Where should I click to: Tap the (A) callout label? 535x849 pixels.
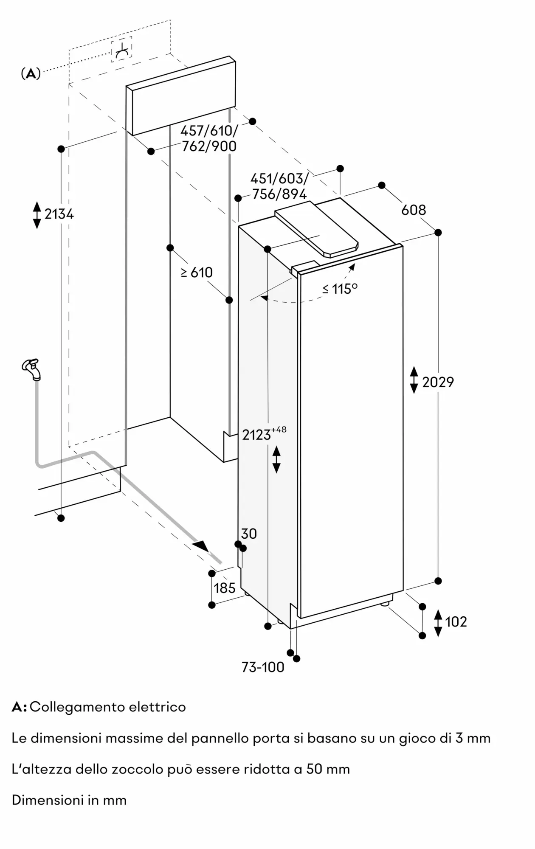tap(31, 74)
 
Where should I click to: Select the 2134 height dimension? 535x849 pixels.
tap(59, 214)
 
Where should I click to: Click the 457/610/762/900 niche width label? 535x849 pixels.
tap(209, 138)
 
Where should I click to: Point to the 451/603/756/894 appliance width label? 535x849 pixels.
tap(279, 186)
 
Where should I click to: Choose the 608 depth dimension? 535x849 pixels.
tap(414, 210)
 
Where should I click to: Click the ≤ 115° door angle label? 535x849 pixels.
tap(340, 289)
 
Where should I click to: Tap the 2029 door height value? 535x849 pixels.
tap(438, 382)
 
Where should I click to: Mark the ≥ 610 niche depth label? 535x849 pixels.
tap(197, 273)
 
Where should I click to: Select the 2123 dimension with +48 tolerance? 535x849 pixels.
tap(264, 433)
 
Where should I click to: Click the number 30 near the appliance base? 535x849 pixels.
tap(249, 534)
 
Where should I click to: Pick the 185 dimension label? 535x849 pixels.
tap(225, 588)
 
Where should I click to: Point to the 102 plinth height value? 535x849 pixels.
tap(456, 622)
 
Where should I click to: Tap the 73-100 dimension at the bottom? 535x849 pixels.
tap(263, 667)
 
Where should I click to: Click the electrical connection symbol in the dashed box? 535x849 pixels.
tap(122, 50)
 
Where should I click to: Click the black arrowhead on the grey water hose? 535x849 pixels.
tap(201, 546)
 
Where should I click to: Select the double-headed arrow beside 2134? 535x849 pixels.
tap(37, 215)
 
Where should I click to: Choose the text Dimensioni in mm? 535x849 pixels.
tap(69, 800)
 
